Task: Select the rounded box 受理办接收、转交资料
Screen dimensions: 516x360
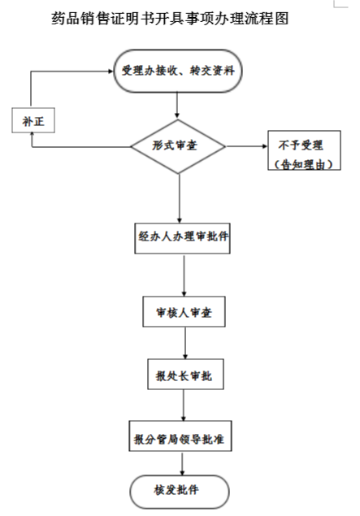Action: [179, 71]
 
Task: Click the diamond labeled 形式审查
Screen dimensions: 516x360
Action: [179, 147]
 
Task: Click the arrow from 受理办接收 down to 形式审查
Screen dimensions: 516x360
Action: [179, 106]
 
